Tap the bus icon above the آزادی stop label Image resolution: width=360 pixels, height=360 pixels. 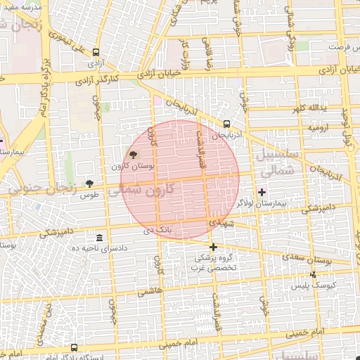tap(95, 51)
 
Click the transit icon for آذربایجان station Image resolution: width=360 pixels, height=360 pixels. tap(226, 124)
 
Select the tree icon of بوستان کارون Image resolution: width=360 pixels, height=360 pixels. tap(134, 155)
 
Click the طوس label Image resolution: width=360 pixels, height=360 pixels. tap(89, 194)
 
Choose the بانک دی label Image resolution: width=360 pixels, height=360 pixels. tap(157, 229)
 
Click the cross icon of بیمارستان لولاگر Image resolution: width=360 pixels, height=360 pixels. tap(262, 191)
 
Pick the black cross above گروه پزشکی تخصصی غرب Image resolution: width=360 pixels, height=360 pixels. tap(213, 247)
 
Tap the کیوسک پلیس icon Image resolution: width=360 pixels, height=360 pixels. tap(313, 274)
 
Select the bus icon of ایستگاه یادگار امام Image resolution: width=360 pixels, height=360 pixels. tap(75, 347)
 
